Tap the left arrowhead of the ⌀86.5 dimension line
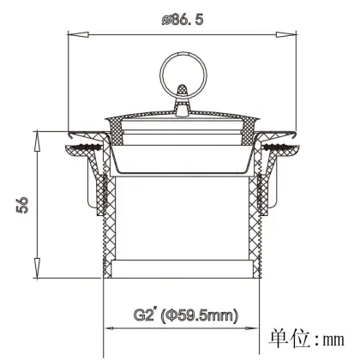click(x=73, y=35)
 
